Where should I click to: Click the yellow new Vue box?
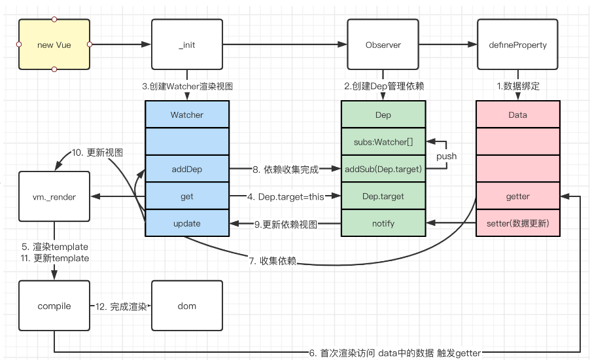tap(54, 45)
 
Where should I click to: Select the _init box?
tap(186, 45)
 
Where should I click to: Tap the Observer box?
tap(383, 45)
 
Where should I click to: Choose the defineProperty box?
tap(517, 45)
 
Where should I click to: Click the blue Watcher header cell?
tap(187, 115)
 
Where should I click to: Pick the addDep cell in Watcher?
tap(187, 169)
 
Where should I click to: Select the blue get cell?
tap(187, 196)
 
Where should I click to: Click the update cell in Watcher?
tap(187, 223)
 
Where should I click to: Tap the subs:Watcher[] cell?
tap(383, 141)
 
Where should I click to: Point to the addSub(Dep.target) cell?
tap(383, 169)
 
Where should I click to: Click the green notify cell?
tap(383, 223)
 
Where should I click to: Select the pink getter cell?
tap(517, 196)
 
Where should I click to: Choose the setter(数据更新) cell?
tap(517, 223)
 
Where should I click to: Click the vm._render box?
tap(54, 196)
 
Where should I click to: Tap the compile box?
tap(54, 306)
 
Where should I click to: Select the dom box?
tap(186, 306)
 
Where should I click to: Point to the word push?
tap(447, 156)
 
